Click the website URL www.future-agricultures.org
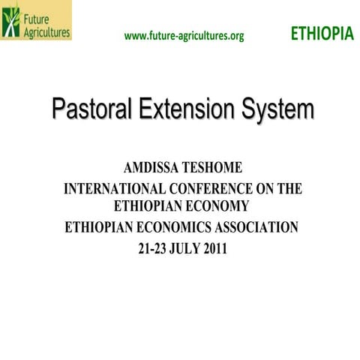pyautogui.click(x=184, y=35)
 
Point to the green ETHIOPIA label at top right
pyautogui.click(x=321, y=34)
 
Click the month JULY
pyautogui.click(x=186, y=248)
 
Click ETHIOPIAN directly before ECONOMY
pyautogui.click(x=149, y=204)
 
